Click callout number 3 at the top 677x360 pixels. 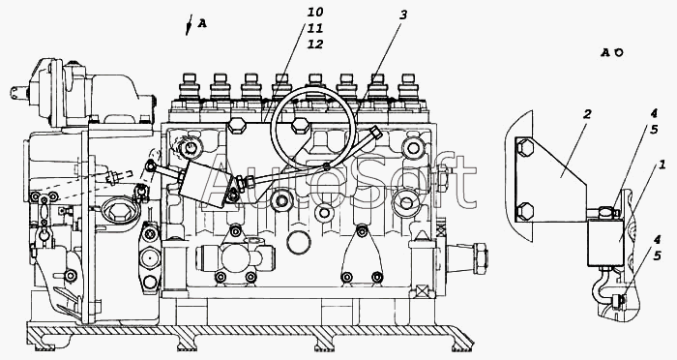pos(403,15)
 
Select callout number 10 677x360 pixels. pos(315,12)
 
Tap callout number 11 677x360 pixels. pos(315,28)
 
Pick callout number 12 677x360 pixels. pos(315,45)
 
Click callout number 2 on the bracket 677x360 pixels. pos(586,114)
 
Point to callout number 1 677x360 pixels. pos(662,165)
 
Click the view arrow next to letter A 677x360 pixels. pos(189,24)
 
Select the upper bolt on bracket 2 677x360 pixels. pos(525,148)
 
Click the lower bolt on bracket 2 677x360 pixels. pos(525,211)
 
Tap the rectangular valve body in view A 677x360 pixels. pos(605,242)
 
